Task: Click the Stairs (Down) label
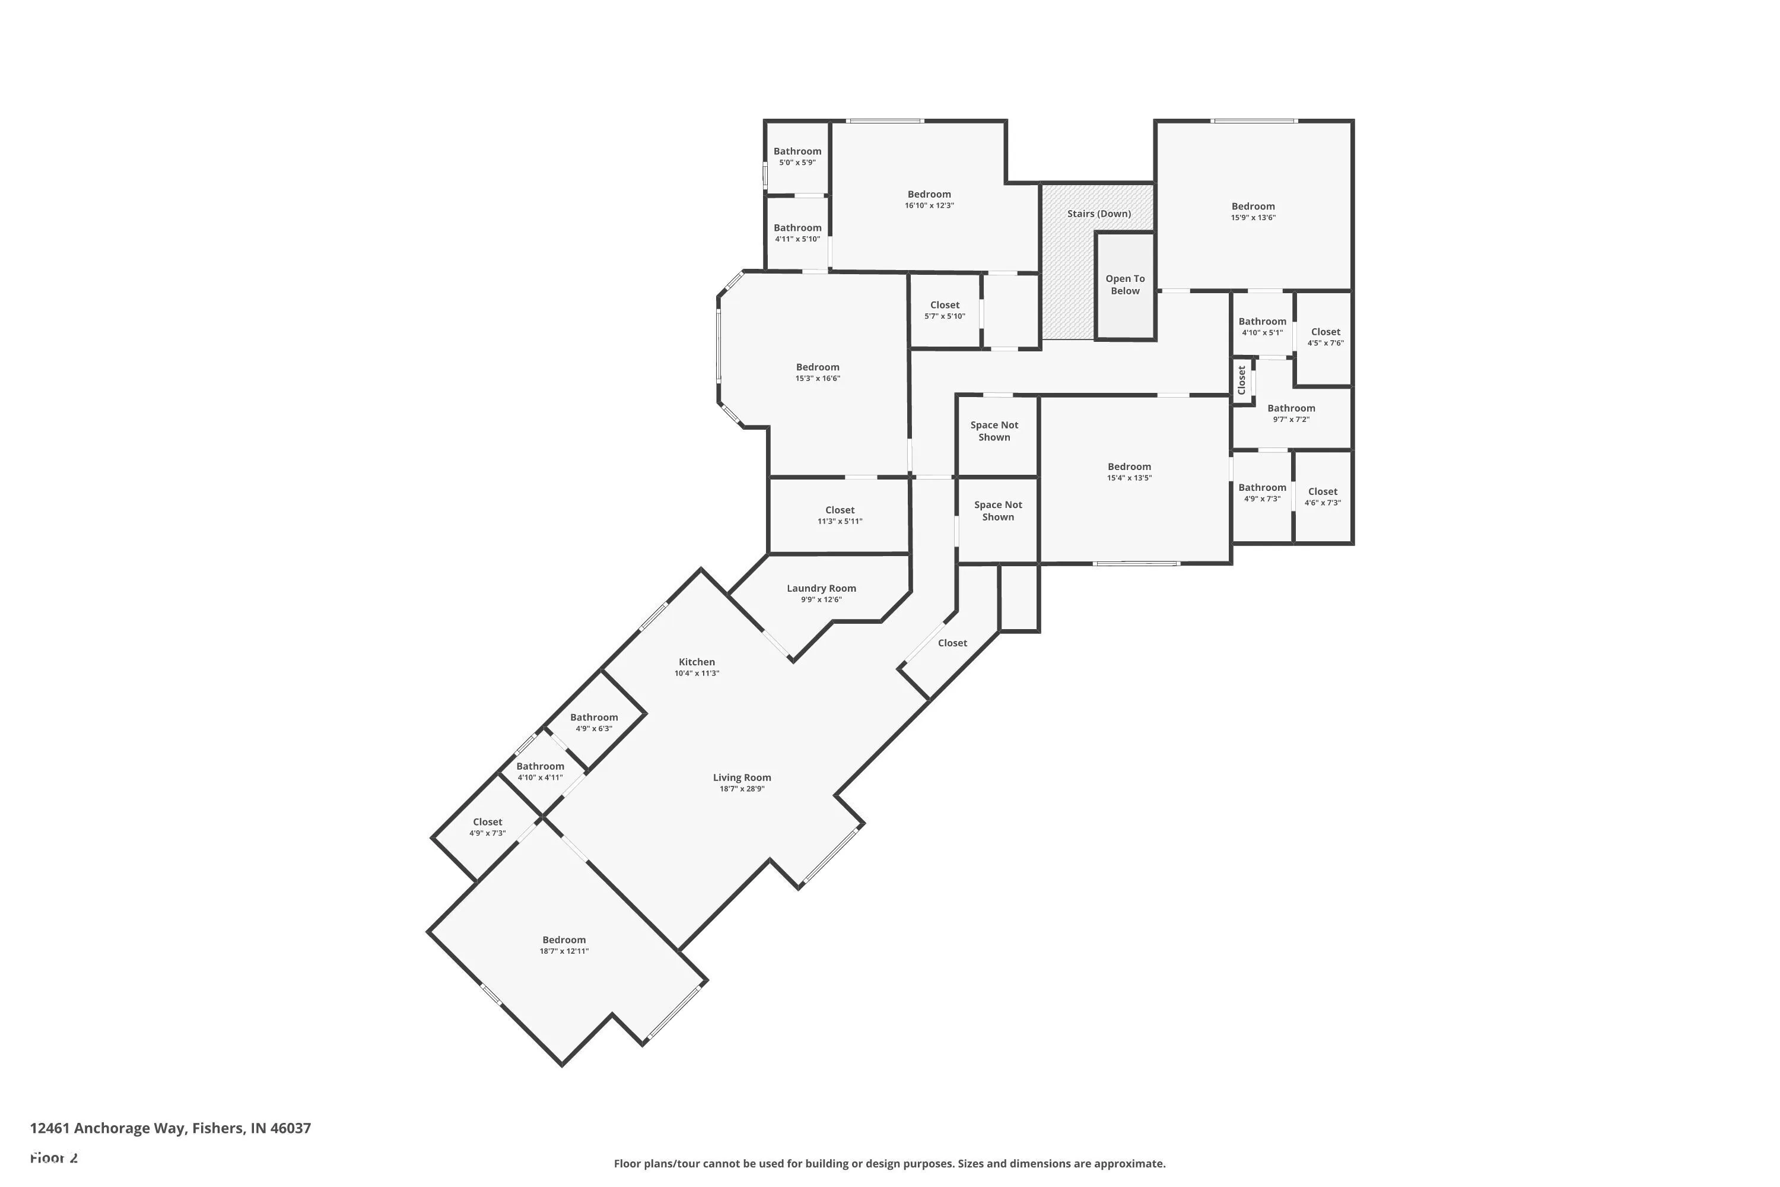pyautogui.click(x=1098, y=214)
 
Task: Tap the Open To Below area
pyautogui.click(x=1124, y=285)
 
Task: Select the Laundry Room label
pyautogui.click(x=821, y=588)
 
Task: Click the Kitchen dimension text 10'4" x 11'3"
pyautogui.click(x=696, y=673)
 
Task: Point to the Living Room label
pyautogui.click(x=742, y=777)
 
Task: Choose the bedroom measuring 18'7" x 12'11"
pyautogui.click(x=564, y=945)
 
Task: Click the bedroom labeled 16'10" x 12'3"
pyautogui.click(x=929, y=199)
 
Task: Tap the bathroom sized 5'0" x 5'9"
pyautogui.click(x=797, y=156)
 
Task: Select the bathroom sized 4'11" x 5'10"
pyautogui.click(x=797, y=233)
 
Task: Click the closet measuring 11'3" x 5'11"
pyautogui.click(x=840, y=515)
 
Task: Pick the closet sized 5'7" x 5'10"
pyautogui.click(x=945, y=310)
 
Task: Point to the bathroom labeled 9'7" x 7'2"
pyautogui.click(x=1290, y=412)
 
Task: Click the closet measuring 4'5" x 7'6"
pyautogui.click(x=1325, y=337)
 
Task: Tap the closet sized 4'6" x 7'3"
pyautogui.click(x=1322, y=497)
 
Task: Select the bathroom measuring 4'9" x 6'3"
pyautogui.click(x=593, y=722)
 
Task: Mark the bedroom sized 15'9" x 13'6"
pyautogui.click(x=1253, y=211)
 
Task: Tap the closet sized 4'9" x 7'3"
pyautogui.click(x=487, y=827)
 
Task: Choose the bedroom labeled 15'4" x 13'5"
pyautogui.click(x=1129, y=472)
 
